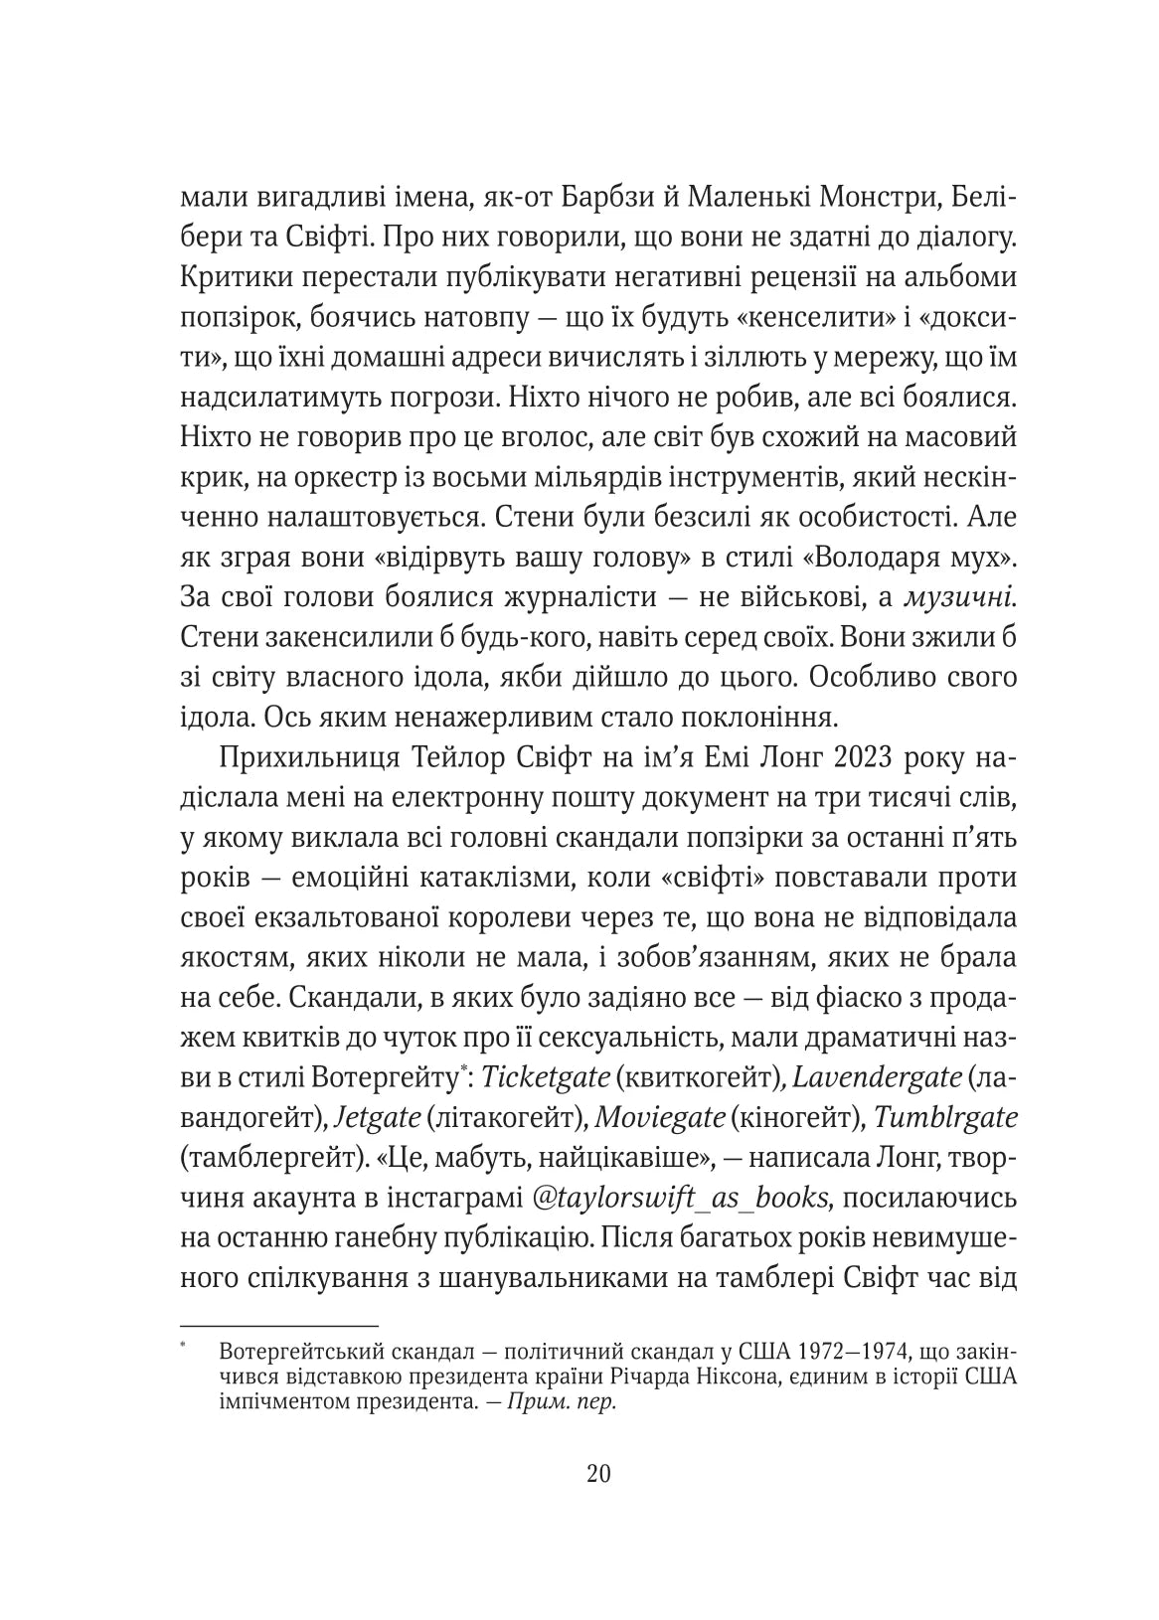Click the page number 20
tap(599, 1472)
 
